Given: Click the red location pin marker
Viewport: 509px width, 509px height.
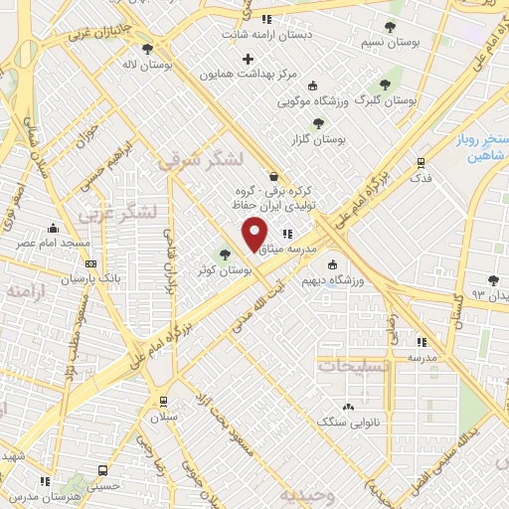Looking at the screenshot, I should click(x=255, y=235).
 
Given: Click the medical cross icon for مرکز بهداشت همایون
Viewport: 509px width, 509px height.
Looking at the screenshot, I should click(x=248, y=59).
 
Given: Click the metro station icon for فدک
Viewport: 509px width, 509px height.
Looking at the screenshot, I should click(x=422, y=162).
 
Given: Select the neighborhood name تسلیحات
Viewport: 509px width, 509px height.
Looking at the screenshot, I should click(x=353, y=366).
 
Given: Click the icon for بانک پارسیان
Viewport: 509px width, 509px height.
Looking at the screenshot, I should click(x=91, y=264).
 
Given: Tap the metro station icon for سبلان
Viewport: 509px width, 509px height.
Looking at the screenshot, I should click(x=162, y=402).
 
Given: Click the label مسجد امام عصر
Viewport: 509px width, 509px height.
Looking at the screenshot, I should click(x=58, y=243).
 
